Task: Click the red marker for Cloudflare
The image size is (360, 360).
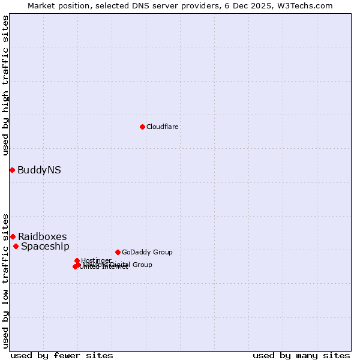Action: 142,127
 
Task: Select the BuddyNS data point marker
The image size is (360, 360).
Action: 12,170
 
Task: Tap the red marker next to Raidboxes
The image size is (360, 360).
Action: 13,236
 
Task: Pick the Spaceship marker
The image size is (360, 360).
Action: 16,246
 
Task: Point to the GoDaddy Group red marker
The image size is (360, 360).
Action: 118,252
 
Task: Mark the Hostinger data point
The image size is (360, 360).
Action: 77,260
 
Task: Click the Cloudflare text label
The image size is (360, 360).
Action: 163,127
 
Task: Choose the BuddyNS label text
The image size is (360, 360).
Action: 39,170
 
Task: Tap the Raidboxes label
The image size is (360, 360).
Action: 42,236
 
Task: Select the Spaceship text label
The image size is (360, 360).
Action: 45,247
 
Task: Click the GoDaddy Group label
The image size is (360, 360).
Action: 147,253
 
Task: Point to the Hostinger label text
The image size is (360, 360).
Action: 96,260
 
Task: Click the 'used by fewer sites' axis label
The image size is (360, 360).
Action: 62,355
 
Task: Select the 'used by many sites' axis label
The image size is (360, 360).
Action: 301,355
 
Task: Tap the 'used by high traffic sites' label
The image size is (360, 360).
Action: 5,85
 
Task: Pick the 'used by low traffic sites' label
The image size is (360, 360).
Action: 5,280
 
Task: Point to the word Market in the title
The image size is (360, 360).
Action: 41,5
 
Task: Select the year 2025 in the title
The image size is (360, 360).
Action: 263,5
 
